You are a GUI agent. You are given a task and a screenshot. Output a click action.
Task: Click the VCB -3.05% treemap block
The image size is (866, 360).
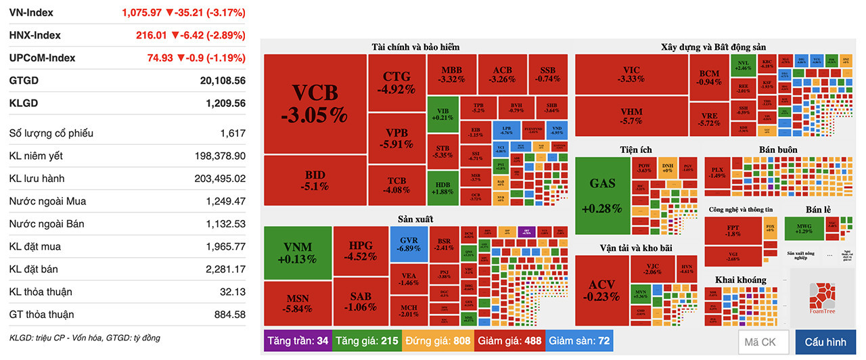point(315,104)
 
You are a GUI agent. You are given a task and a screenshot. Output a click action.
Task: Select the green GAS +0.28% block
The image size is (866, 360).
point(602,195)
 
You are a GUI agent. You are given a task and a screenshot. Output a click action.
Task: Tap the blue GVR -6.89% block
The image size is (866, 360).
point(408,244)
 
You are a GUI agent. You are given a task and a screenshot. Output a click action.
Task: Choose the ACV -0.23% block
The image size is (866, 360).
point(601,290)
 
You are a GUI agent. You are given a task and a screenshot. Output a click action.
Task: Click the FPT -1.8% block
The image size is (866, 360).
point(733,229)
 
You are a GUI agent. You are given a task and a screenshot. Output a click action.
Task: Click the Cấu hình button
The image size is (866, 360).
point(825,342)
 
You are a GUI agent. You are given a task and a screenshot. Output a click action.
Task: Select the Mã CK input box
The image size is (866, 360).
point(762,342)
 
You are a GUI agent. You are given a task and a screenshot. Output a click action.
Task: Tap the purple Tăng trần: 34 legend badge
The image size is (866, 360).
point(298,340)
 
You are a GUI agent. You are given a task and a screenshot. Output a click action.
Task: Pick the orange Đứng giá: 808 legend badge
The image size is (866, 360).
point(438,340)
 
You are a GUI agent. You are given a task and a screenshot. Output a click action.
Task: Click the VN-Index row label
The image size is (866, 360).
point(31,13)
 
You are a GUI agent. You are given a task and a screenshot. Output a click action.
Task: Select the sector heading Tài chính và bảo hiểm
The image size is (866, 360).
point(415,47)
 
